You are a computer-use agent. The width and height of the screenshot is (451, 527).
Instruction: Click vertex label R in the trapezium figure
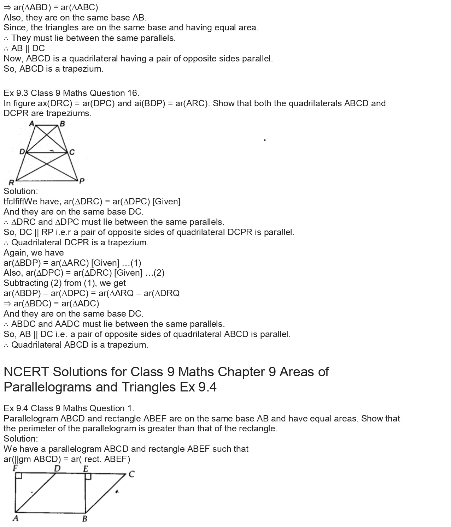(x=11, y=182)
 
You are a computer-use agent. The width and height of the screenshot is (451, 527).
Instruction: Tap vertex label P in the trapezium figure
(x=82, y=181)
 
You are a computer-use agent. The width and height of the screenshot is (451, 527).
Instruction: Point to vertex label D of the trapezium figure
(x=22, y=152)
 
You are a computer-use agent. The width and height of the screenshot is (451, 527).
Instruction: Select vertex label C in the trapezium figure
(x=72, y=152)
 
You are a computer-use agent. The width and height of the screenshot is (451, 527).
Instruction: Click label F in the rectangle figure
(x=15, y=468)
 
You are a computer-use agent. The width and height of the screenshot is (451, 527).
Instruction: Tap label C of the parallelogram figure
(x=131, y=474)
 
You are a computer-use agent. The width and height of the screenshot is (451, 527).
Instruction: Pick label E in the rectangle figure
(x=86, y=469)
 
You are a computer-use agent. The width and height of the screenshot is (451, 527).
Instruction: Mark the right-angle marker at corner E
(x=88, y=476)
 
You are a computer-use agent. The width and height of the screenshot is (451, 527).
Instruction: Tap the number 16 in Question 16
(x=132, y=93)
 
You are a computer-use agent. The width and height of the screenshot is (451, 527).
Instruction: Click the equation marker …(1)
(x=131, y=263)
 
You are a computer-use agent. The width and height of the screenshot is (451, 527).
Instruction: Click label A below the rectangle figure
(x=15, y=518)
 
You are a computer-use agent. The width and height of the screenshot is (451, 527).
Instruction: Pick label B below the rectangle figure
(x=84, y=519)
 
